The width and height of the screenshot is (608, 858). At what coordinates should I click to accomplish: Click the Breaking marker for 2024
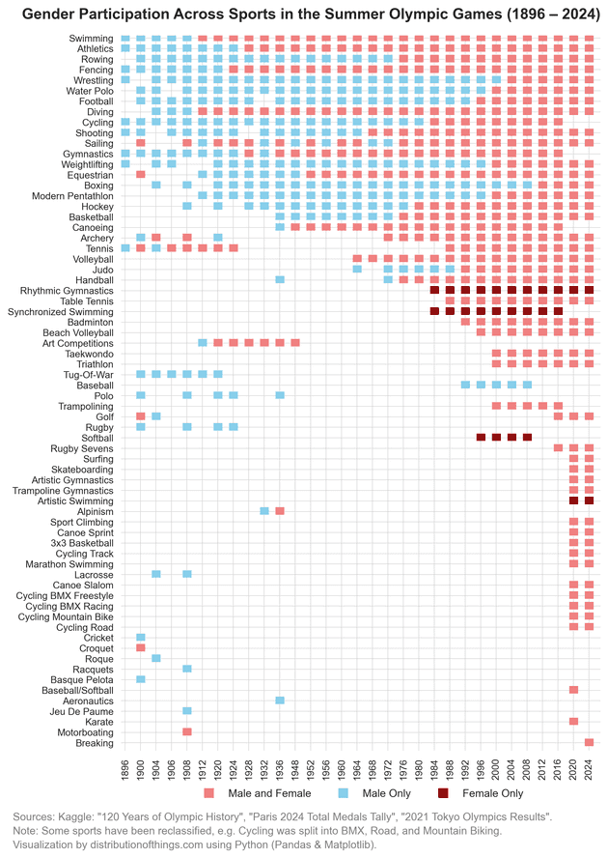click(589, 743)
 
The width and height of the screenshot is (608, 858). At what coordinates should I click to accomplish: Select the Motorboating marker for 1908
click(187, 732)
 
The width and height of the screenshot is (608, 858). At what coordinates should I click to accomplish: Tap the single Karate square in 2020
click(573, 722)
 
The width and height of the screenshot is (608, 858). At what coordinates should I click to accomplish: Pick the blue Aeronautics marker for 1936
click(280, 701)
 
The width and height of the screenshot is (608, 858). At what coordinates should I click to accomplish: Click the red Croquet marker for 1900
click(141, 648)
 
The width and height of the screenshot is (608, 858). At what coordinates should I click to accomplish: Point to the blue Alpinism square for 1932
click(264, 511)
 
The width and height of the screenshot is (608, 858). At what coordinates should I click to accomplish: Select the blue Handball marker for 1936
click(280, 279)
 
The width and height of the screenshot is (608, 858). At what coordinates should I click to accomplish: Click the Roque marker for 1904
click(156, 659)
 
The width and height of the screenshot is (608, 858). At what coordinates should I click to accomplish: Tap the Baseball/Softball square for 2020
click(573, 690)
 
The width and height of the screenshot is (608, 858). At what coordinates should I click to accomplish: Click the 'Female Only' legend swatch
click(443, 793)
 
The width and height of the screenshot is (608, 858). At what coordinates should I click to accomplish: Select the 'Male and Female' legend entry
click(251, 793)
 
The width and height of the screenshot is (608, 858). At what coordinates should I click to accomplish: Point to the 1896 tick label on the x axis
click(125, 769)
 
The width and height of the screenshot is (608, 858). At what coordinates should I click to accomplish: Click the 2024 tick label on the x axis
click(589, 769)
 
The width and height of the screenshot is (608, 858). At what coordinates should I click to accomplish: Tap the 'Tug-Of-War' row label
click(85, 374)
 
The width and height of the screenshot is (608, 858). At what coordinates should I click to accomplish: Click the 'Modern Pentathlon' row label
click(70, 195)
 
